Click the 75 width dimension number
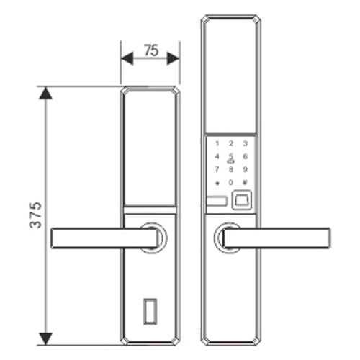tap(151, 50)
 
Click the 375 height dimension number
tap(35, 215)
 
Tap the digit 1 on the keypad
tap(217, 143)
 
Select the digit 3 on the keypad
tap(245, 143)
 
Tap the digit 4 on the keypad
tap(217, 156)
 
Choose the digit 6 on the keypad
tap(245, 156)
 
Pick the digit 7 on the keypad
tap(217, 169)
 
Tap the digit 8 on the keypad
tap(231, 169)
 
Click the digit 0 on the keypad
tap(231, 182)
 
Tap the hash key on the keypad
tap(245, 182)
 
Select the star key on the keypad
tap(217, 184)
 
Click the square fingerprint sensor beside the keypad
tap(242, 199)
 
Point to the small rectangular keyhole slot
tap(150, 311)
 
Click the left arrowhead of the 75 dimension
tap(127, 58)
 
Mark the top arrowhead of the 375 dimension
tap(45, 93)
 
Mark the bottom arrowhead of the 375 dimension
tap(45, 339)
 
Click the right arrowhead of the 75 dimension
tap(173, 58)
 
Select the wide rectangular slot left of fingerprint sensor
tap(217, 202)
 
